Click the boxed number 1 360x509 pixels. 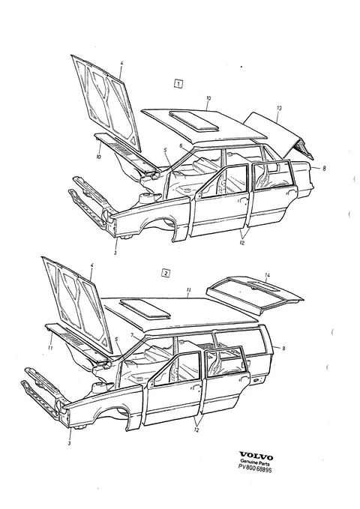point(178,84)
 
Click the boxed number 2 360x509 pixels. point(166,273)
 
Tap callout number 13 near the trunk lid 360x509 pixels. point(279,108)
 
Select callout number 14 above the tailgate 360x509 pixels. point(267,276)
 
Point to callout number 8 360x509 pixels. point(324,168)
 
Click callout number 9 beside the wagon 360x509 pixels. point(283,349)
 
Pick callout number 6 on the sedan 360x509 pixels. point(181,145)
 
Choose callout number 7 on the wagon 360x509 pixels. point(132,334)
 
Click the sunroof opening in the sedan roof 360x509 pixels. point(193,121)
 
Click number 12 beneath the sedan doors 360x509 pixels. point(241,242)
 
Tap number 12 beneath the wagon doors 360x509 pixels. point(196,430)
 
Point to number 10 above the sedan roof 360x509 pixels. point(208,98)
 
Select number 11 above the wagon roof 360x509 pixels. point(189,290)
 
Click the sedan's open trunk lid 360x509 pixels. point(280,136)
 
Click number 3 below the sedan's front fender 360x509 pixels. point(115,253)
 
